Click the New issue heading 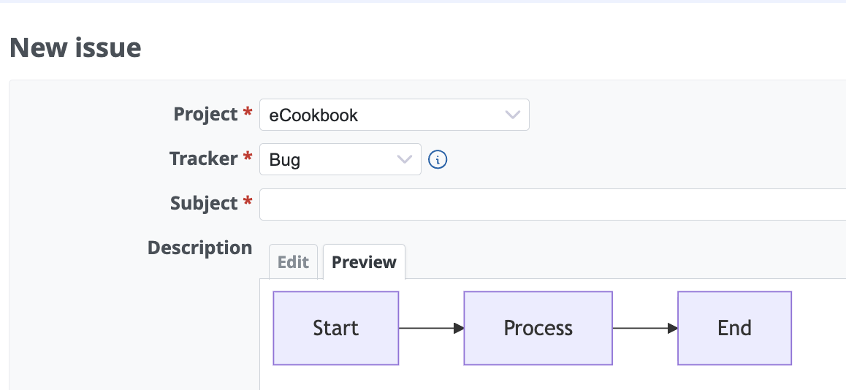click(x=75, y=47)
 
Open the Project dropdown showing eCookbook click(x=395, y=115)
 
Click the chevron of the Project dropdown click(x=512, y=115)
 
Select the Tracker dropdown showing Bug click(x=340, y=159)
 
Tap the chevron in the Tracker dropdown click(x=404, y=159)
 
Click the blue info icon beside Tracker click(x=438, y=160)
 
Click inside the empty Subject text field click(x=552, y=204)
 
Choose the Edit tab click(x=293, y=262)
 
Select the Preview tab click(x=365, y=262)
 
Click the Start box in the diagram click(x=335, y=328)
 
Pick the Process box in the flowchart click(x=538, y=328)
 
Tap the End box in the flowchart click(x=734, y=328)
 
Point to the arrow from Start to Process click(x=432, y=328)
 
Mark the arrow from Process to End click(x=645, y=328)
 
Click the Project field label click(x=205, y=115)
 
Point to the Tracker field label click(x=203, y=158)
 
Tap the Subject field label click(x=204, y=203)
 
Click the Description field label click(x=199, y=248)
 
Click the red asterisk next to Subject click(x=248, y=201)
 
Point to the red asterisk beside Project click(x=248, y=112)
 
